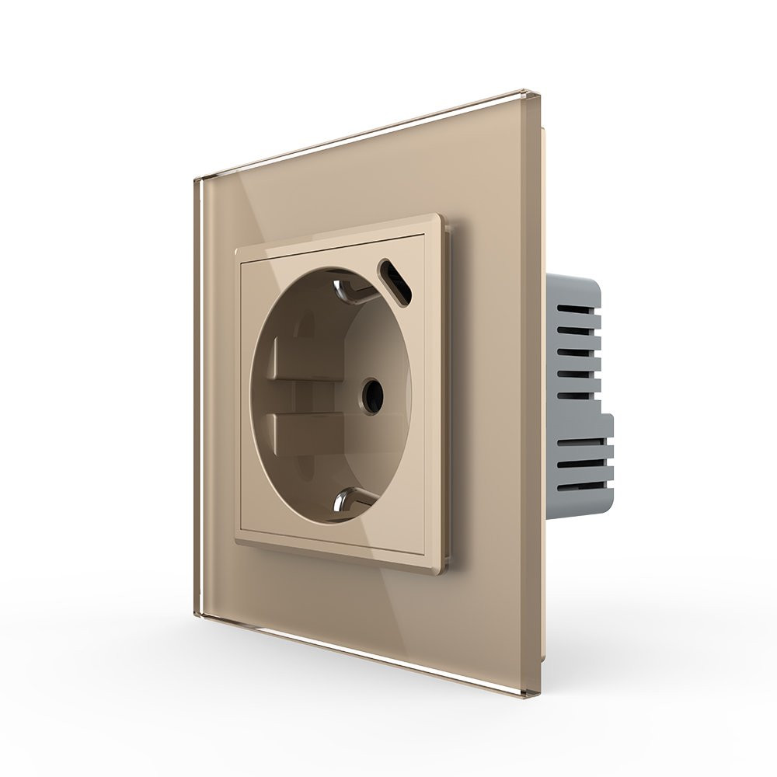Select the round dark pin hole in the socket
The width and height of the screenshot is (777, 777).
tap(372, 395)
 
